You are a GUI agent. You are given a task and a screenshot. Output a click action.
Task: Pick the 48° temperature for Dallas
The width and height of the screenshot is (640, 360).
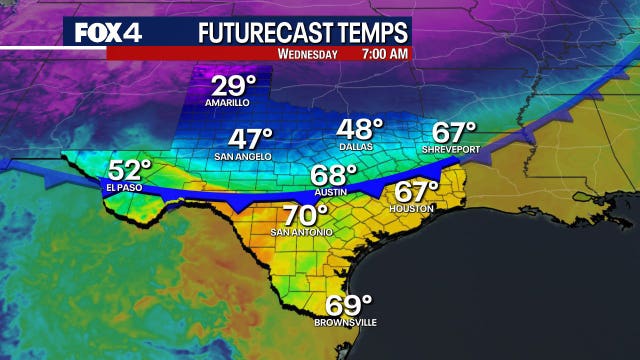pos(360,130)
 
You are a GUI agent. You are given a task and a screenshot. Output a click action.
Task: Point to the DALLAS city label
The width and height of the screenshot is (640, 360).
pos(357,147)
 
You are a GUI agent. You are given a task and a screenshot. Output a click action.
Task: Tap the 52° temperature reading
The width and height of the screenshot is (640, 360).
pos(130,170)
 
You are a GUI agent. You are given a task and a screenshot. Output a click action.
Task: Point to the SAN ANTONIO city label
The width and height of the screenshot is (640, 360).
pos(299,233)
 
